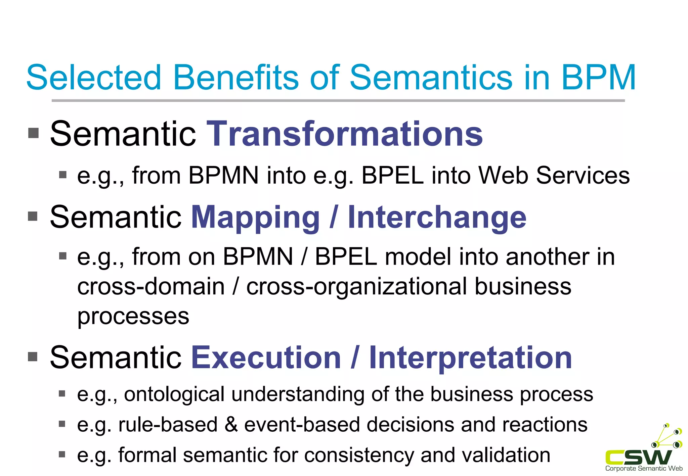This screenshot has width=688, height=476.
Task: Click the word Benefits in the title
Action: point(235,78)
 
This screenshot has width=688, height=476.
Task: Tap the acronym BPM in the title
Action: point(598,78)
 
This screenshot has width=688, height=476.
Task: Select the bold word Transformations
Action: point(345,134)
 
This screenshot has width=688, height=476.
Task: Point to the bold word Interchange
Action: point(437,217)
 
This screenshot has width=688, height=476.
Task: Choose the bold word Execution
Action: point(266,358)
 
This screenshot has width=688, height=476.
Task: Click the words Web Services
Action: point(554,175)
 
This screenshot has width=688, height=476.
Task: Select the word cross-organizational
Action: point(356,287)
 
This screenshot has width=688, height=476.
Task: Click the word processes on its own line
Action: point(133,316)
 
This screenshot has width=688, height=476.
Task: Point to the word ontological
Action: point(174,394)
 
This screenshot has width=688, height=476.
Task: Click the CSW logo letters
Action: point(638,457)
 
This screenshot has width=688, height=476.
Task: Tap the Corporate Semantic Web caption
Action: point(644,469)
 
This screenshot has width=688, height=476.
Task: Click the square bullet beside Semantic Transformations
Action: point(33,133)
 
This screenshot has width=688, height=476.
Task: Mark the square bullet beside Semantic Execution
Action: point(33,356)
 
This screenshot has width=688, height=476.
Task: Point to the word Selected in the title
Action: point(94,78)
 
